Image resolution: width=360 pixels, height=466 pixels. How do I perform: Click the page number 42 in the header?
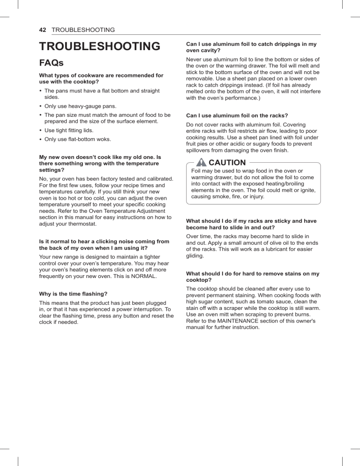click(x=42, y=30)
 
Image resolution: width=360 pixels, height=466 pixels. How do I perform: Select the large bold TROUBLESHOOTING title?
click(x=99, y=46)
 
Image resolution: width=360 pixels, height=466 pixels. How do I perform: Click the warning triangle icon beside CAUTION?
click(x=202, y=163)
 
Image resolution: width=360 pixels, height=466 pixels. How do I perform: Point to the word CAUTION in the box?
click(x=227, y=163)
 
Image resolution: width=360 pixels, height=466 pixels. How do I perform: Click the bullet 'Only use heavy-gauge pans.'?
click(x=74, y=106)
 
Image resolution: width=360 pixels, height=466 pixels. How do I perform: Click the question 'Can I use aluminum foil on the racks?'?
click(x=237, y=115)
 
